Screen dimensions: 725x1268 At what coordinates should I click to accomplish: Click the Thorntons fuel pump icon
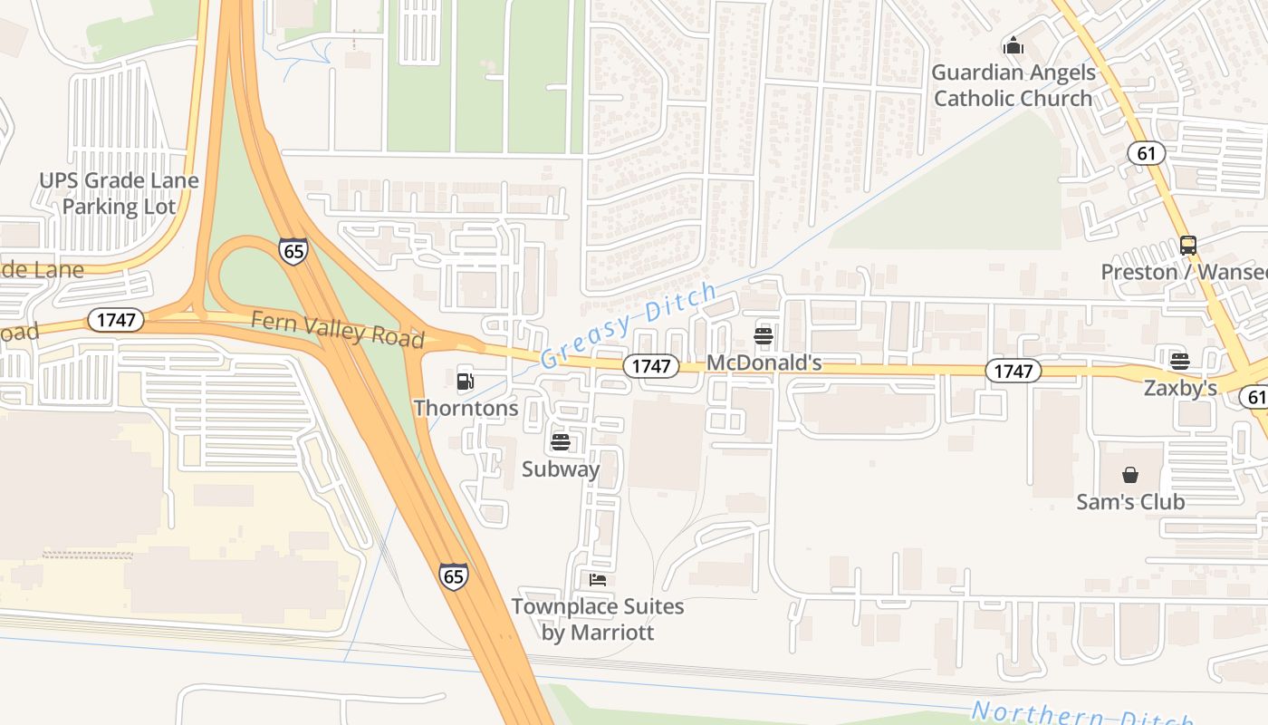[x=465, y=381]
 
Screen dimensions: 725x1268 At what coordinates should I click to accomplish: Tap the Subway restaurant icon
[x=561, y=442]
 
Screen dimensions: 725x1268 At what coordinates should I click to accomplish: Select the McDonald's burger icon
[x=764, y=336]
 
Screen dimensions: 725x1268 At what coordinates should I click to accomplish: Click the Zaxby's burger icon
[x=1179, y=361]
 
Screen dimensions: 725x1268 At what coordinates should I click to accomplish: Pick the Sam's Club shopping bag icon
[x=1130, y=475]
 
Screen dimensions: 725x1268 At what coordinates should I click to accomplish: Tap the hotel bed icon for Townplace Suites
[x=597, y=579]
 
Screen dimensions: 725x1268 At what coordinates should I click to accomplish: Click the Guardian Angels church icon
[x=1013, y=45]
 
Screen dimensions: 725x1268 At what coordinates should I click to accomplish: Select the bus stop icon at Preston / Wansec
[x=1187, y=245]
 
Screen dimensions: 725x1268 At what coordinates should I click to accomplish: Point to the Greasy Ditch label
[x=629, y=325]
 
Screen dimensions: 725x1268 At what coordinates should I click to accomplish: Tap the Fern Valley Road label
[x=337, y=329]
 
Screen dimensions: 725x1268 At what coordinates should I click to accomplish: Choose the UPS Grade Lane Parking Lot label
[x=119, y=193]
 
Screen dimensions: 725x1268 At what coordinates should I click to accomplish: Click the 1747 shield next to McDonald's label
[x=651, y=365]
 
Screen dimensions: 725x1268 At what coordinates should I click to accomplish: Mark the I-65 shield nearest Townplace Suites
[x=454, y=575]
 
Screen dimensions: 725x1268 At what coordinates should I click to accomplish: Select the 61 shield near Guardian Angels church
[x=1146, y=153]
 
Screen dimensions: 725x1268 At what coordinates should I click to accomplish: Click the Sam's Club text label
[x=1130, y=501]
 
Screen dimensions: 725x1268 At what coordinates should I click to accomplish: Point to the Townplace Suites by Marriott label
[x=598, y=619]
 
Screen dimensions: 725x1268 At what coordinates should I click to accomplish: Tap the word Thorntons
[x=466, y=408]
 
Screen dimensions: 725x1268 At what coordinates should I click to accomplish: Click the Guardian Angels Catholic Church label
[x=1013, y=85]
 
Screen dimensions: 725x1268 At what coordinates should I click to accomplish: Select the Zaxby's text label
[x=1179, y=388]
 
